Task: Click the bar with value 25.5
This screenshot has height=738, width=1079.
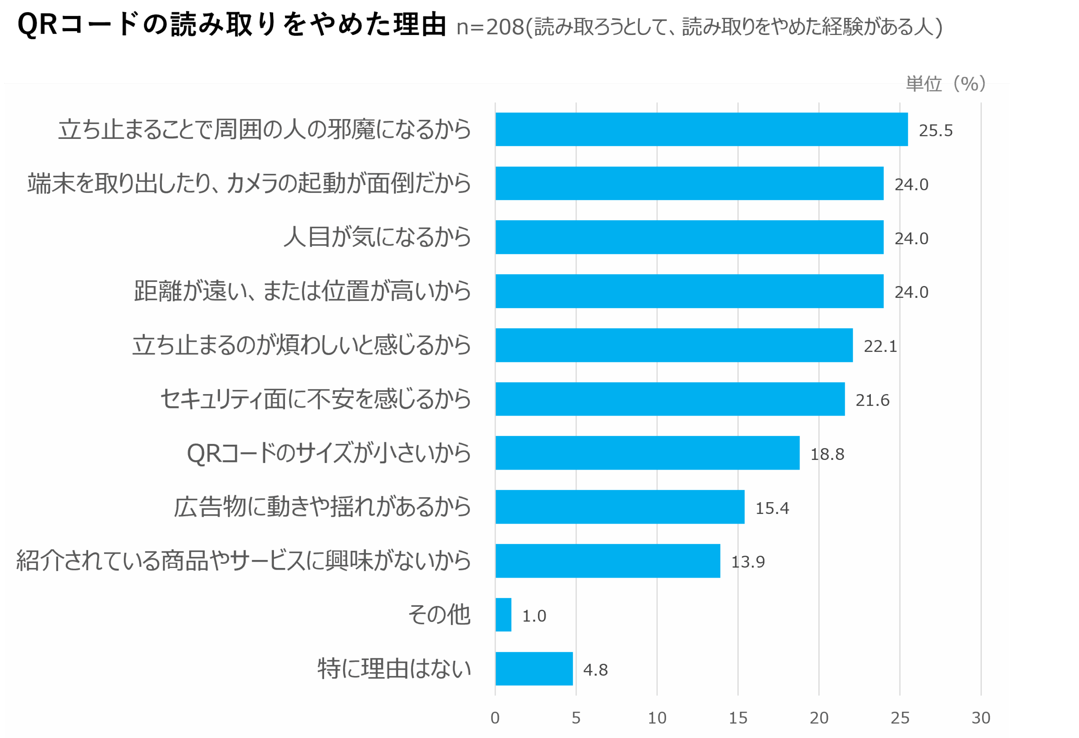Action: point(701,129)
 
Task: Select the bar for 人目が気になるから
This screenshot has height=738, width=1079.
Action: point(690,237)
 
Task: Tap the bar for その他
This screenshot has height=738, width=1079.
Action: point(503,615)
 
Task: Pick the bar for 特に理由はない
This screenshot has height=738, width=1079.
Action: point(534,669)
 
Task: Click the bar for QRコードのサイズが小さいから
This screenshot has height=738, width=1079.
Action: point(648,453)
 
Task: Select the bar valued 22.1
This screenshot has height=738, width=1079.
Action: point(674,345)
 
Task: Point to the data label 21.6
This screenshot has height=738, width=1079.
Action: point(872,400)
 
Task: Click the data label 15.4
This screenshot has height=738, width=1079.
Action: point(772,508)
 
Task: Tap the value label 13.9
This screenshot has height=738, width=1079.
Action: point(748,562)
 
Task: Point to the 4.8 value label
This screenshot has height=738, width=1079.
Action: point(595,670)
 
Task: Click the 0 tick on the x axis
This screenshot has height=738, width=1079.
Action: point(495,718)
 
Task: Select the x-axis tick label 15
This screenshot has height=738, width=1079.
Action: point(738,718)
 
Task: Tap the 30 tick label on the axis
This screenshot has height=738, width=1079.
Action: point(980,718)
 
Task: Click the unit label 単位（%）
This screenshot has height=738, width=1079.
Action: point(946,84)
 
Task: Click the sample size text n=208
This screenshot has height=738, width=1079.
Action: point(490,27)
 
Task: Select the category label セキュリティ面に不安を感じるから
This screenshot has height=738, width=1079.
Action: point(316,399)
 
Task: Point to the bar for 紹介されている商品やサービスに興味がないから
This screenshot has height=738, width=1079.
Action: point(608,561)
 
